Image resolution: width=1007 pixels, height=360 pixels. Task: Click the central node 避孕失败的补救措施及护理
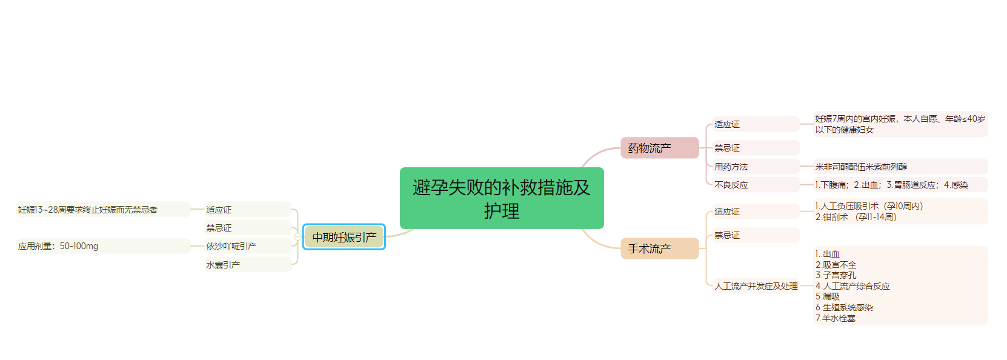point(502,198)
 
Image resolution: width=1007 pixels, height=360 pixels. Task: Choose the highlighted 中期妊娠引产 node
point(344,237)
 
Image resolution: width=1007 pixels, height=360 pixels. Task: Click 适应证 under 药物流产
point(727,124)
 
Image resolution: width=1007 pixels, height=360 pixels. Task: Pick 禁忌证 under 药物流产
point(727,148)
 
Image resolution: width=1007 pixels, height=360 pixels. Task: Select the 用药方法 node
point(731,167)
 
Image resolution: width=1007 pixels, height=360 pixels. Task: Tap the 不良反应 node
point(731,185)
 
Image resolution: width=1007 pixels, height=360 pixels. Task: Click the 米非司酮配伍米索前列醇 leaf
point(861,167)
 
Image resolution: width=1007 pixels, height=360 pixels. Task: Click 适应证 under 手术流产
point(727,212)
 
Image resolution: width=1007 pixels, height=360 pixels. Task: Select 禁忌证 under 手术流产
point(727,235)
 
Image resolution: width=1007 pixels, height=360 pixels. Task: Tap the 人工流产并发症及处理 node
point(756,286)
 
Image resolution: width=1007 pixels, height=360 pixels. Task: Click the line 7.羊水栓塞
point(836,318)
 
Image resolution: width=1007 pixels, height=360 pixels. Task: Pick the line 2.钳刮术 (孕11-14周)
point(856,217)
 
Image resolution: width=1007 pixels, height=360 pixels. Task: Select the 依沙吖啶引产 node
point(231,246)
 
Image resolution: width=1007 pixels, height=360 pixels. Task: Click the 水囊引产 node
point(223,265)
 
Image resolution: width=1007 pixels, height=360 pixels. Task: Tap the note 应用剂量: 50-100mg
point(58,246)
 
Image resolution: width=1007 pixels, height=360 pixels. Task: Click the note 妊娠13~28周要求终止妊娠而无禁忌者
point(88,210)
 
